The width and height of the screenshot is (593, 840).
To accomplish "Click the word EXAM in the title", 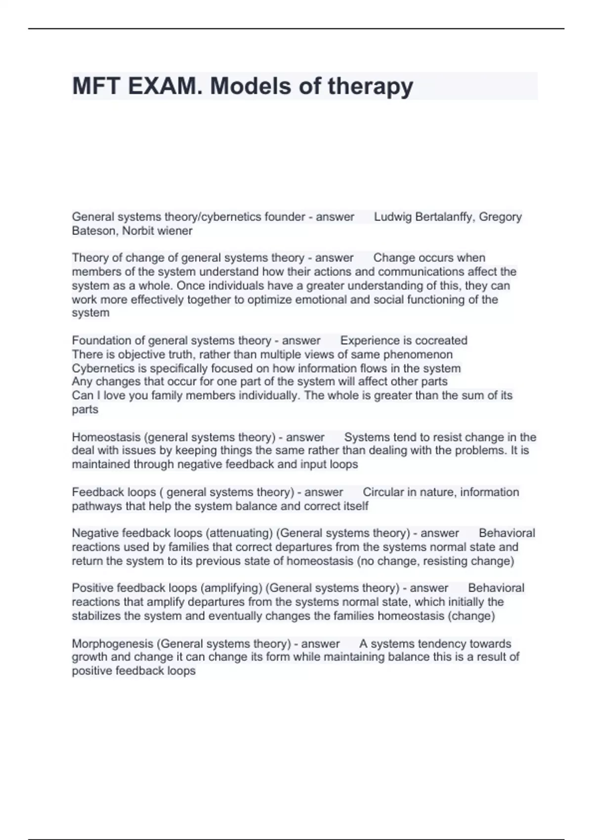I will point(162,86).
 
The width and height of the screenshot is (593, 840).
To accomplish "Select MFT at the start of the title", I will point(96,86).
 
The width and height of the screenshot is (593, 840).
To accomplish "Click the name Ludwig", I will point(393,217).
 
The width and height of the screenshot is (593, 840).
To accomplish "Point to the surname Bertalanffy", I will point(444,217).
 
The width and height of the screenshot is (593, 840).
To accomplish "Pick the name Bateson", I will point(94,231).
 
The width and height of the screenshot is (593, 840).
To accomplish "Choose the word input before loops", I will point(313,464).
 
